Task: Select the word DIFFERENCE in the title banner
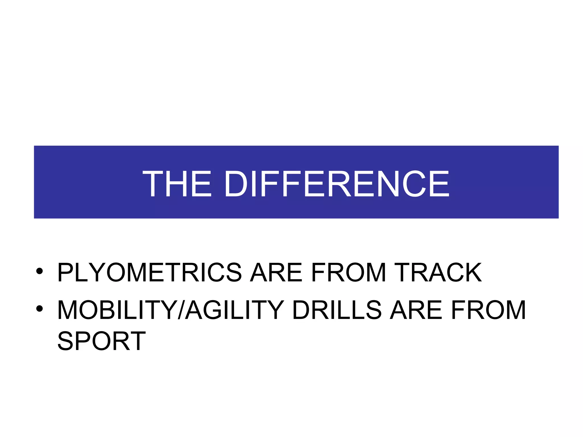[x=337, y=184]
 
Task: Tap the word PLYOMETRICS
[x=149, y=272]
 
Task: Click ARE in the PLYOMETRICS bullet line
[x=276, y=272]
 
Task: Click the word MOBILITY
[x=117, y=310]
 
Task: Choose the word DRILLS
[x=336, y=310]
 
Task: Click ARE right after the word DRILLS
[x=416, y=310]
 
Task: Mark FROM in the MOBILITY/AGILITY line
[x=488, y=310]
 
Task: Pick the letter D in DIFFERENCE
[x=236, y=184]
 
